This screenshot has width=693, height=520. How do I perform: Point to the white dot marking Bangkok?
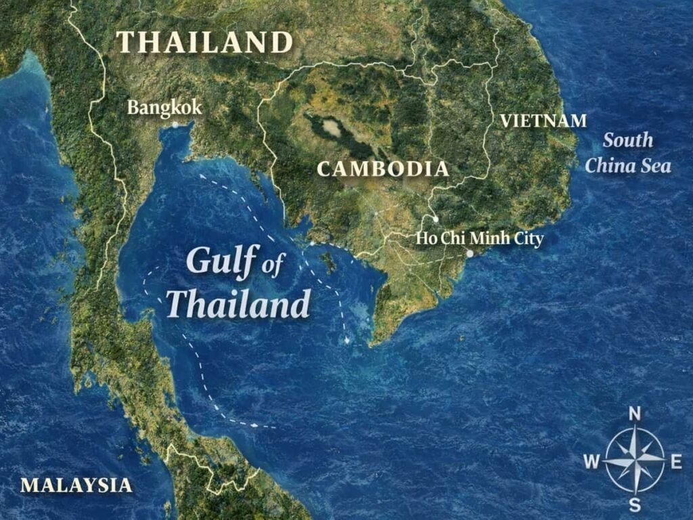(x=175, y=125)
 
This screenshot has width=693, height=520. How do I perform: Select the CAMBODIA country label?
(x=383, y=169)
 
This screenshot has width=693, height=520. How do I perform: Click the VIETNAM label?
(x=543, y=121)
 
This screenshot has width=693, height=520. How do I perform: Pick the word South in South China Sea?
(x=628, y=141)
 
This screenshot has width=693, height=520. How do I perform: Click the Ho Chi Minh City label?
(x=479, y=238)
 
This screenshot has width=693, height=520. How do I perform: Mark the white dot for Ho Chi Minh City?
(x=470, y=254)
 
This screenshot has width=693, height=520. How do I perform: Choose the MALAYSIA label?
(x=76, y=485)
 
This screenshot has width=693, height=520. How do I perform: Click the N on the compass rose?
(x=635, y=414)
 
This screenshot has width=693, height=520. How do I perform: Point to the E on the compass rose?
(x=675, y=462)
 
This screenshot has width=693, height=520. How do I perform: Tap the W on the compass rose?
(x=591, y=462)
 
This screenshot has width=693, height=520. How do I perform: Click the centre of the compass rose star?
(x=635, y=460)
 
